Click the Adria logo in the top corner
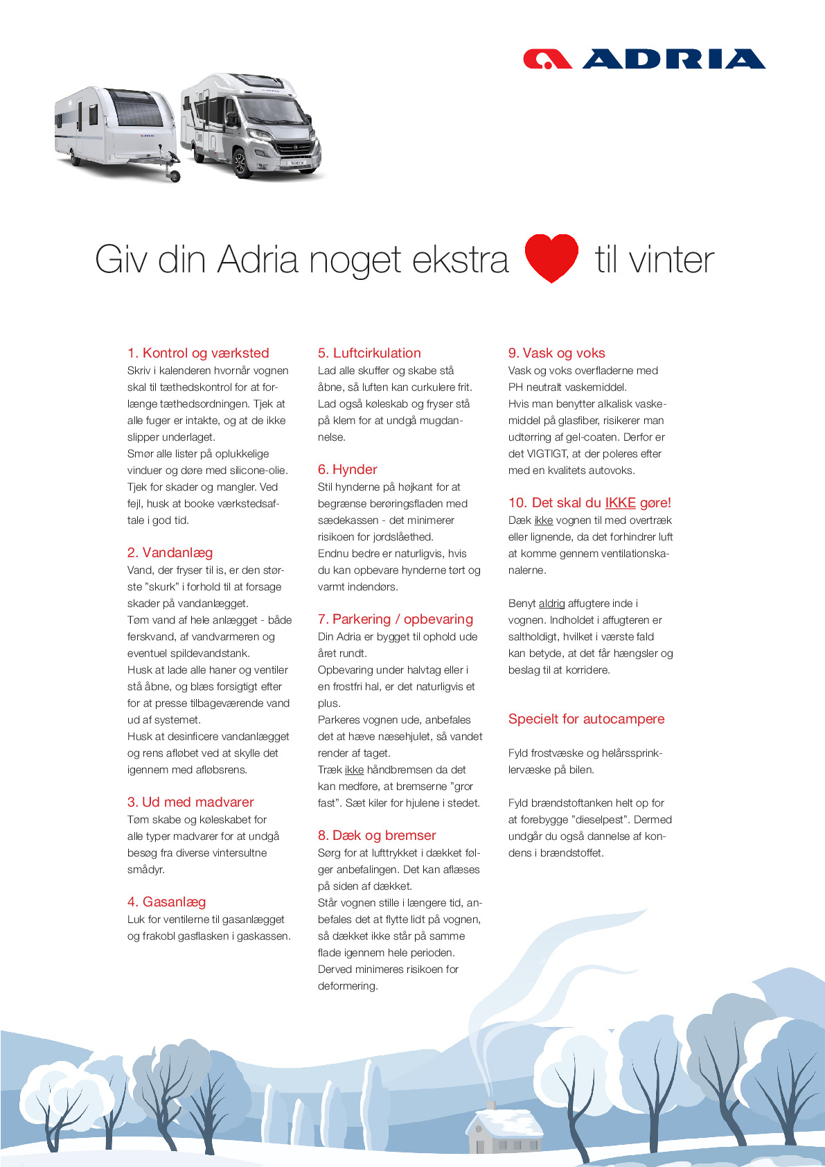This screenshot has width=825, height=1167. (644, 59)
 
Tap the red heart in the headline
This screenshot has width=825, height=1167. (551, 258)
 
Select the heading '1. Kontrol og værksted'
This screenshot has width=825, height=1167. (198, 353)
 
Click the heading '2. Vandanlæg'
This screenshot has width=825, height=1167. (170, 552)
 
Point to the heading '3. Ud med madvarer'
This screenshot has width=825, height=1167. (190, 802)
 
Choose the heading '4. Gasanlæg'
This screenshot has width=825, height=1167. (166, 902)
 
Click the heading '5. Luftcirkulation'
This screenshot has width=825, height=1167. (369, 353)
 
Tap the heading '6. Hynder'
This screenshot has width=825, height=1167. (347, 469)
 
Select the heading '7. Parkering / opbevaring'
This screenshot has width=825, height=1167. (395, 619)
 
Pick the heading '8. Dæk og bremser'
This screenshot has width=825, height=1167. (377, 835)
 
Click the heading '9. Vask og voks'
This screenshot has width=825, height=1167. (556, 353)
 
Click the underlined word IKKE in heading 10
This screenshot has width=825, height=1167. (620, 502)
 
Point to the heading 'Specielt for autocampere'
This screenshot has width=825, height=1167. (586, 719)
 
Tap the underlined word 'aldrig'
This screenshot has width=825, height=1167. (551, 604)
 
